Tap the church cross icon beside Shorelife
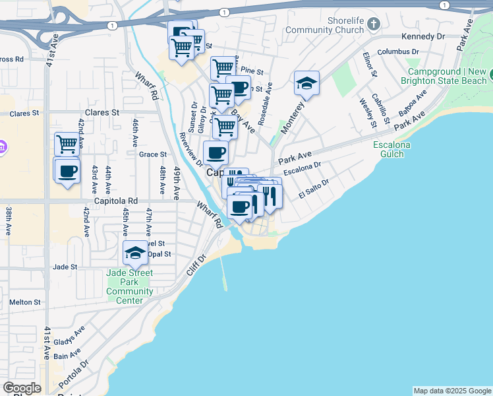374,25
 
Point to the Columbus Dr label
397,51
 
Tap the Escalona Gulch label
391,149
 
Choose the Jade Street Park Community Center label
130,286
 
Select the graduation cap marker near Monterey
306,83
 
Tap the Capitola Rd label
115,201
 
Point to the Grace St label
152,154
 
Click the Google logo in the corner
22,388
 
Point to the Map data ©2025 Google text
451,391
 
